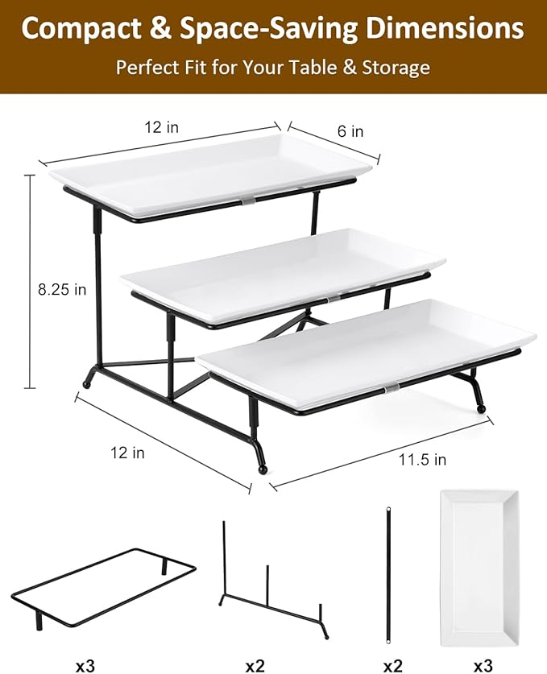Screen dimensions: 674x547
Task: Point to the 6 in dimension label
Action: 350,131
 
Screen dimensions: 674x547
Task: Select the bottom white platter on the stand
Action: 367,338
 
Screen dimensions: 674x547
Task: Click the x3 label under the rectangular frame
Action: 86,666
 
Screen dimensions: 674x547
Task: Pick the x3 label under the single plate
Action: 483,666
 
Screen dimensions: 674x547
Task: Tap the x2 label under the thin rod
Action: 392,666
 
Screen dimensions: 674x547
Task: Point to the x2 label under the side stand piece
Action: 255,666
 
